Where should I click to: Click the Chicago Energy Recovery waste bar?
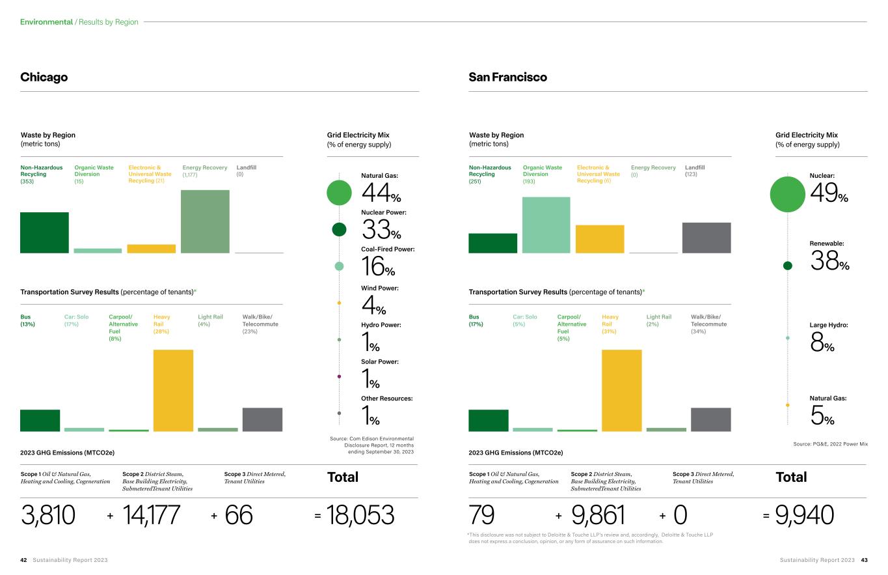click(205, 221)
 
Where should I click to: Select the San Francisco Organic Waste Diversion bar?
click(546, 225)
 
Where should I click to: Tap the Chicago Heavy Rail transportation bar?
click(173, 390)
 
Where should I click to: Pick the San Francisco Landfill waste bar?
click(706, 238)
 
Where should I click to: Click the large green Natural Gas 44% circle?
click(339, 192)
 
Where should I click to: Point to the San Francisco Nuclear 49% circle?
click(787, 194)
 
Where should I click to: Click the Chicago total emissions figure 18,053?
click(362, 515)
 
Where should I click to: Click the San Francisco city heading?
click(507, 77)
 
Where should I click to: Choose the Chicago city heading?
click(44, 77)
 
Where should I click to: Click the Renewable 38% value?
click(829, 261)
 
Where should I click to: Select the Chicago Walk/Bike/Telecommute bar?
click(262, 419)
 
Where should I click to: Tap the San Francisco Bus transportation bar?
click(489, 420)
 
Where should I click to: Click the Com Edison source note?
click(372, 445)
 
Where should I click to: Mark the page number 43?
click(864, 560)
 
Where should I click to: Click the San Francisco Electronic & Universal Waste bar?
click(600, 239)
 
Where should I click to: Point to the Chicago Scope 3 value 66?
click(239, 515)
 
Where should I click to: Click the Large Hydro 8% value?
click(822, 343)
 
